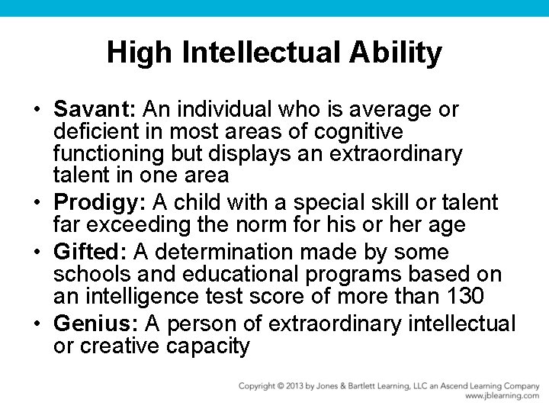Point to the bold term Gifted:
point(91,252)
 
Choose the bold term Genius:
point(94,323)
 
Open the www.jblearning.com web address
point(502,396)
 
